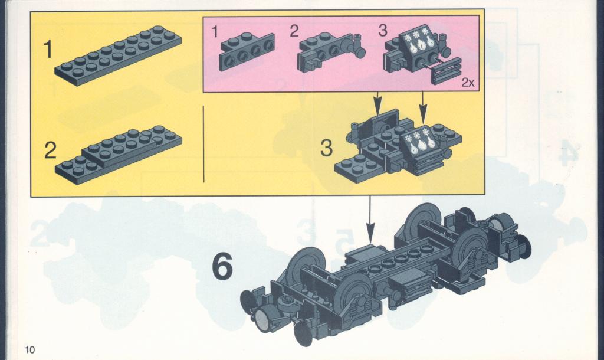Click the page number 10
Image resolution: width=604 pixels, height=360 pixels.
coord(29,349)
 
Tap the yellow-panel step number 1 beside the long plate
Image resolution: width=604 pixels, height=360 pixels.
coord(48,50)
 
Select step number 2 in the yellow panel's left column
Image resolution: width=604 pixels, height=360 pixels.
coord(50,150)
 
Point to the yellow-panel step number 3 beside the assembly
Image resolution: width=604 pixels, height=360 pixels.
coord(326,148)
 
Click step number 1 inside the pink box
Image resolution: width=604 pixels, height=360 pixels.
coord(215,32)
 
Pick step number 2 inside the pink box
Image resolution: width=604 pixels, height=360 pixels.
coord(294,31)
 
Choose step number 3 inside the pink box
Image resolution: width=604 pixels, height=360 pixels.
coord(382,31)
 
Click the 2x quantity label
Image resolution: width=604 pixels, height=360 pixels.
coord(468,82)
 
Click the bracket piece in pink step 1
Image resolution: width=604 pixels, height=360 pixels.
coord(247,52)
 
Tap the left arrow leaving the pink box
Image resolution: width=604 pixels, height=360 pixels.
coord(378,103)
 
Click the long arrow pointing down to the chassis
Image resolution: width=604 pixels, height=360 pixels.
coord(370,219)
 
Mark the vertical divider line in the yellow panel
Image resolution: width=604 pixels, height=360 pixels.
coord(203,144)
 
